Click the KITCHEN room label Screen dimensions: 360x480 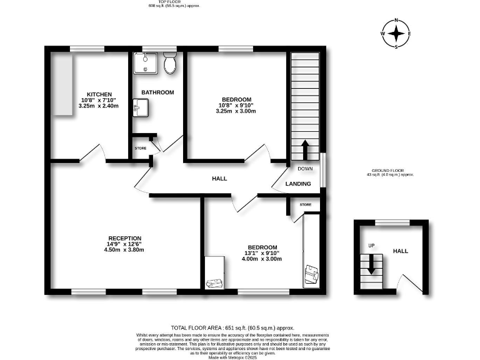(x=99, y=94)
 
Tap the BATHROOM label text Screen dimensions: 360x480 (x=157, y=92)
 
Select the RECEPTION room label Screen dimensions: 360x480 (x=125, y=238)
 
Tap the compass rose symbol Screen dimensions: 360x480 (x=396, y=33)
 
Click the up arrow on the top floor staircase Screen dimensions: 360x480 (x=305, y=150)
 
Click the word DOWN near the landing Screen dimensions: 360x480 (x=305, y=169)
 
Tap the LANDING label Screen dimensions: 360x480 (x=298, y=184)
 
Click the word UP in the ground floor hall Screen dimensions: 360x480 (x=371, y=246)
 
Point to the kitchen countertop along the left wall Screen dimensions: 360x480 (x=62, y=84)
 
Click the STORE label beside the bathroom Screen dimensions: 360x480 (x=141, y=148)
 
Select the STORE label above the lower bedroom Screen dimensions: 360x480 (x=305, y=204)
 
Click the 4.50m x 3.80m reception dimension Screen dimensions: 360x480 (x=125, y=249)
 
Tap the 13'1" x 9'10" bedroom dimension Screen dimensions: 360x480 (x=261, y=253)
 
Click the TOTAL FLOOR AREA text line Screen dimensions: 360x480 (x=232, y=327)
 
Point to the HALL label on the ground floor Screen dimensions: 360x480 (x=400, y=251)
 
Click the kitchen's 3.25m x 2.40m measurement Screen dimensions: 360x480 (x=99, y=106)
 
